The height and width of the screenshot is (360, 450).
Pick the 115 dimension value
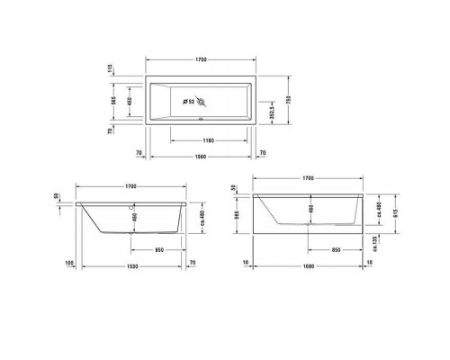tap(110, 68)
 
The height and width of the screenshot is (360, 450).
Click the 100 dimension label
tap(69, 263)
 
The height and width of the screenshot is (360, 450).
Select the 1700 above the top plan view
tap(202, 59)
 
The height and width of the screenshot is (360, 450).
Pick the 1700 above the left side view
tap(131, 186)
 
